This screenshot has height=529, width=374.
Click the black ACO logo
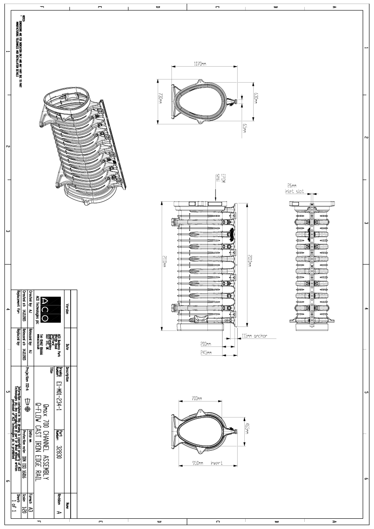point(45,310)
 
